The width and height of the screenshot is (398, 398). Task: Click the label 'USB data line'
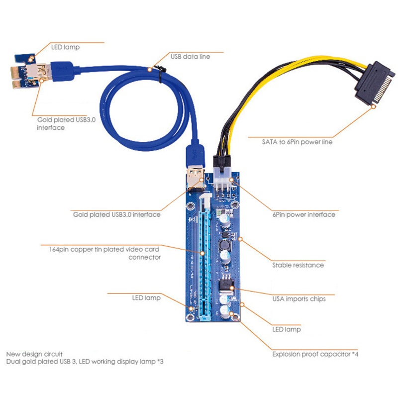[x=190, y=56]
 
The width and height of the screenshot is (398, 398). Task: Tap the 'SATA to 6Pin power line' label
[x=297, y=142]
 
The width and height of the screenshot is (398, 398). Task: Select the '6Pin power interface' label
[x=304, y=214]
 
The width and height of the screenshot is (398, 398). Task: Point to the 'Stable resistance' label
[x=298, y=265]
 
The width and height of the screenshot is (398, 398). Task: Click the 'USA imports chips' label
[x=299, y=299]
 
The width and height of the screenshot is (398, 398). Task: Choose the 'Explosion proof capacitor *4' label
[x=315, y=354]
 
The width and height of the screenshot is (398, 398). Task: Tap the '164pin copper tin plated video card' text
[x=104, y=249]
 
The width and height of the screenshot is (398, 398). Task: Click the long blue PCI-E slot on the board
[x=205, y=256]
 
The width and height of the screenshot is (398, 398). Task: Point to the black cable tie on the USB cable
[x=160, y=73]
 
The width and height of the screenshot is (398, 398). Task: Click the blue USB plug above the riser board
[x=195, y=155]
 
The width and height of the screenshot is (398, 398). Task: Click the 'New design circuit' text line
[x=34, y=354]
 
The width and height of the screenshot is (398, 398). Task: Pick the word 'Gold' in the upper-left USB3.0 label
[x=45, y=119]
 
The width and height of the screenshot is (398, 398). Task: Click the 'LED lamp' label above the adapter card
[x=65, y=47]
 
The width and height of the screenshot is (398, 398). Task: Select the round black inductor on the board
[x=224, y=245]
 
